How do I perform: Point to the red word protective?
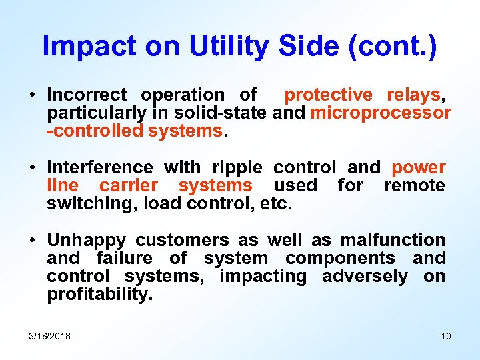[x=329, y=95]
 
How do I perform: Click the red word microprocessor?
[x=381, y=113]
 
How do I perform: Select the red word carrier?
[x=129, y=185]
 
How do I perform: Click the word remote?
[x=414, y=185]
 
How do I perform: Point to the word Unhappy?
[x=85, y=240]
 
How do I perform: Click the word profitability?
[x=99, y=294]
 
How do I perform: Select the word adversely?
[x=365, y=276]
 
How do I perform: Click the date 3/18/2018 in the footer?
[x=50, y=336]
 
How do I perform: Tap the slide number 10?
[x=445, y=336]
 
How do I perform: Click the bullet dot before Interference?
[x=33, y=168]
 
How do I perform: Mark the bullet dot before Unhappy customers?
[x=33, y=241]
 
